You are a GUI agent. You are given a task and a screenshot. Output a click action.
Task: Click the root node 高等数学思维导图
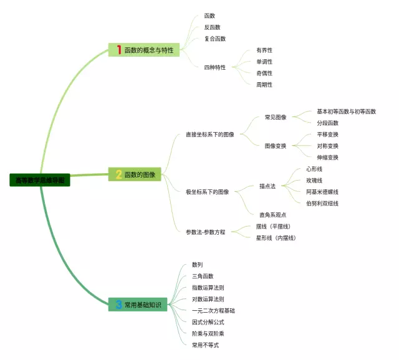pos(40,180)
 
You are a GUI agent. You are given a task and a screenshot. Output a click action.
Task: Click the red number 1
pos(118,50)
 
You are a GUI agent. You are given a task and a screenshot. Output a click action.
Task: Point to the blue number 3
pos(118,305)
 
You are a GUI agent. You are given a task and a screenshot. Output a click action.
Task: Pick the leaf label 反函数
pos(212,27)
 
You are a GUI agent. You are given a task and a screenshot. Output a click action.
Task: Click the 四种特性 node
pos(214,67)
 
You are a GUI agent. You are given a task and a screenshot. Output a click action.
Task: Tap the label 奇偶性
pos(264,73)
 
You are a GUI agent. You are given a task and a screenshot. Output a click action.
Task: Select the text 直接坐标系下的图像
pos(210,135)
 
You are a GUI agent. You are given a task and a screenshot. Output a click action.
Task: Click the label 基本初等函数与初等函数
pos(346,111)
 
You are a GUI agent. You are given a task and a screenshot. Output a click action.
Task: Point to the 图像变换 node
pos(276,146)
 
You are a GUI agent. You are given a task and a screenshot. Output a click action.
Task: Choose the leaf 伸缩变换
pos(327,158)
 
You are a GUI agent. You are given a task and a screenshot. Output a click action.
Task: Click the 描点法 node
pos(267,186)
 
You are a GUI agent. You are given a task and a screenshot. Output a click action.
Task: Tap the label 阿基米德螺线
pos(322,192)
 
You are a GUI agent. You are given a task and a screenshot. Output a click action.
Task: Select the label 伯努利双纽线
pos(322,203)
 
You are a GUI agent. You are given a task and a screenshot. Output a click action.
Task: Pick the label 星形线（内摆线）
pos(276,238)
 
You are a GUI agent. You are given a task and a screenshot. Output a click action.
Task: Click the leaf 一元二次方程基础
pos(213,310)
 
